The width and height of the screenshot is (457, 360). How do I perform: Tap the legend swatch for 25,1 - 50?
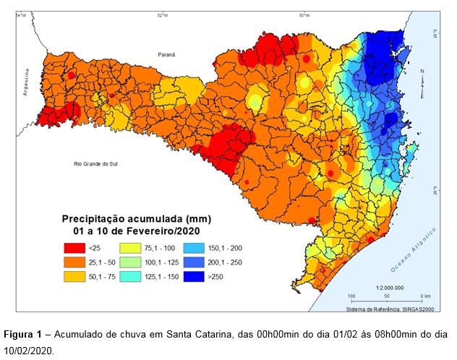(x=74, y=262)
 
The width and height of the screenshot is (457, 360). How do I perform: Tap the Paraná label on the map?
(x=168, y=54)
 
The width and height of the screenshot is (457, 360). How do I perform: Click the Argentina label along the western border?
(x=25, y=82)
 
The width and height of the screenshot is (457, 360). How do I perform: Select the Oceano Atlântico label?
(x=414, y=250)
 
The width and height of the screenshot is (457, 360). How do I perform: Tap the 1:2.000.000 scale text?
(x=390, y=287)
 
